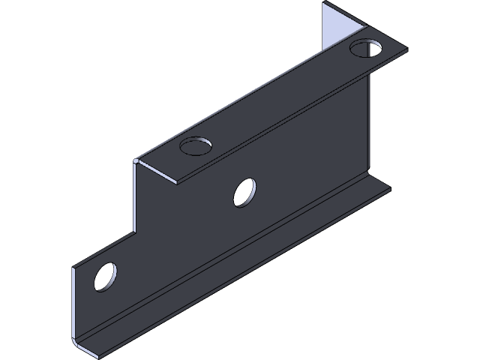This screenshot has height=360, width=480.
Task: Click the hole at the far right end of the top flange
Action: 365,50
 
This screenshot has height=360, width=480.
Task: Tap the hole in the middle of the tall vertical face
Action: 244,193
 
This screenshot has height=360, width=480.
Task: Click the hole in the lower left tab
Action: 106,276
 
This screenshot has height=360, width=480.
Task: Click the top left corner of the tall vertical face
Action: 136,160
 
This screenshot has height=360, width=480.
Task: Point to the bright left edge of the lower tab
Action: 74,300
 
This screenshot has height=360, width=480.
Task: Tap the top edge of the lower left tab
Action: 105,249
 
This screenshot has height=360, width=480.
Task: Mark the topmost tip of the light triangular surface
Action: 324,4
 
